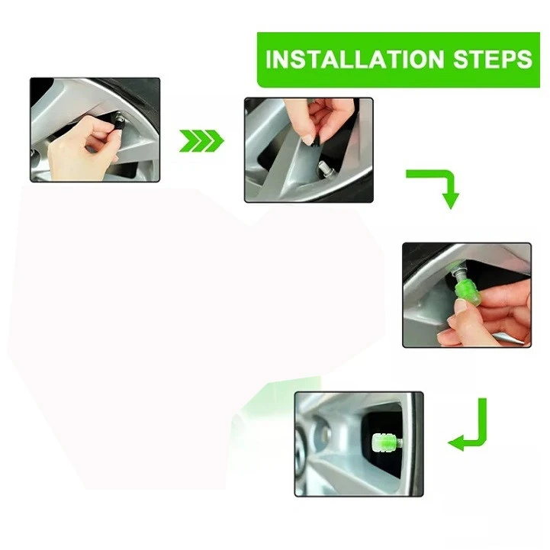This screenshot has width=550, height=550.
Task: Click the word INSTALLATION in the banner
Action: pos(355,59)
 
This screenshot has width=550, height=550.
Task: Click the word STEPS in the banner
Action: pos(493,59)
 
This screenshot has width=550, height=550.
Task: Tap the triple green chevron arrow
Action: pos(201,140)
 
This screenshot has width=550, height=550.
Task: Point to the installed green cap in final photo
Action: pos(383,443)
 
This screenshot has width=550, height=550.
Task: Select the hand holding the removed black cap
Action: pos(323,119)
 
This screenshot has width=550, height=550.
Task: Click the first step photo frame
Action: pos(95,130)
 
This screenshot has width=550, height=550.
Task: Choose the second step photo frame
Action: pos(309,150)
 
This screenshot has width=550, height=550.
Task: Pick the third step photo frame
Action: pos(467,295)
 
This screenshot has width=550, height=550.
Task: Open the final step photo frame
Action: pos(359,444)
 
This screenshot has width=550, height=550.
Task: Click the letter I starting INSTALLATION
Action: pos(269,59)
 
